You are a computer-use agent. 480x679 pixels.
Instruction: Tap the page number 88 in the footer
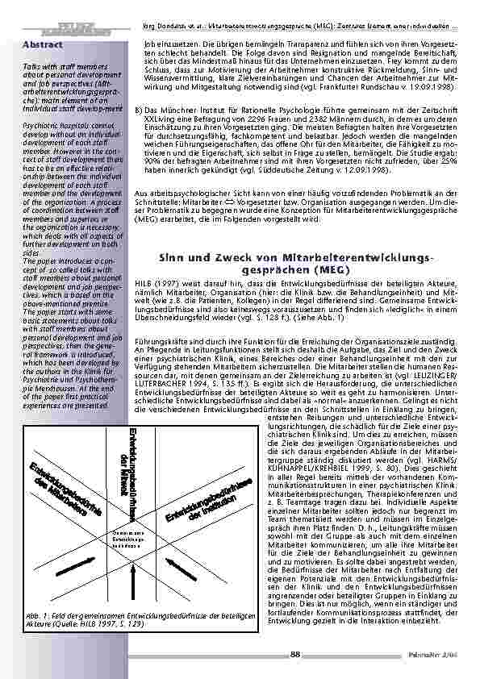point(294,653)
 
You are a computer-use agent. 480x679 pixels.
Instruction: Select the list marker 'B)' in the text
point(139,109)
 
